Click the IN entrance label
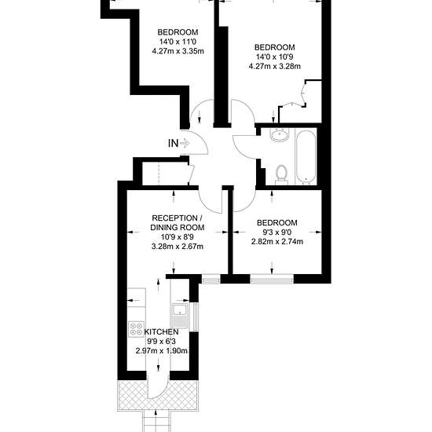pos(173,143)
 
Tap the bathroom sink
pos(280,135)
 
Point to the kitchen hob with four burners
pos(137,328)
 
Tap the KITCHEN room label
pos(162,331)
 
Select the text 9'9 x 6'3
pos(161,342)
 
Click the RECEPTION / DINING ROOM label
pos(178,223)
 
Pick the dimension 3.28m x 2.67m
pos(178,247)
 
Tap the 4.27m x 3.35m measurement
pos(178,51)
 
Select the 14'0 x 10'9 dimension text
pos(275,57)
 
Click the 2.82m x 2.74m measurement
pos(277,242)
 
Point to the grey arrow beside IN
pos(185,143)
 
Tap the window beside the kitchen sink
pos(195,317)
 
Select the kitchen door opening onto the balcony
pos(158,387)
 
